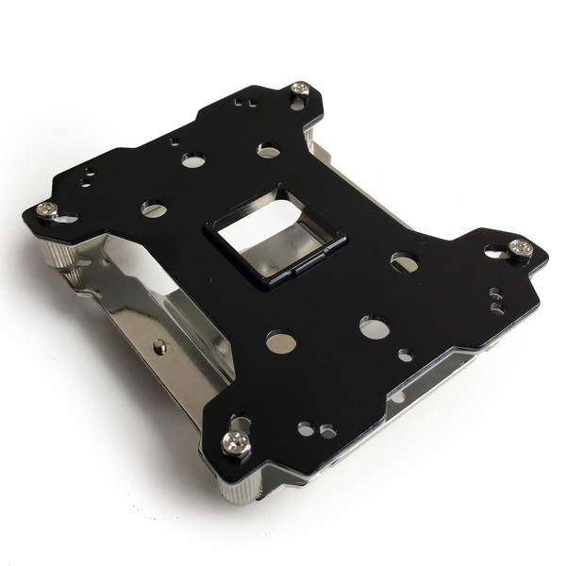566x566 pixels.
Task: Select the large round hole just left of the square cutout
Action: click(x=154, y=208)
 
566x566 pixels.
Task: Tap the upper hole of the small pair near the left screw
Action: click(x=92, y=171)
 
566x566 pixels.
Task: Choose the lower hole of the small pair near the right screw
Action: click(x=494, y=306)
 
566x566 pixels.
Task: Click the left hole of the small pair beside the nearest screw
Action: click(x=305, y=429)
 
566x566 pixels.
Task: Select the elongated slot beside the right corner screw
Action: click(x=494, y=253)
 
